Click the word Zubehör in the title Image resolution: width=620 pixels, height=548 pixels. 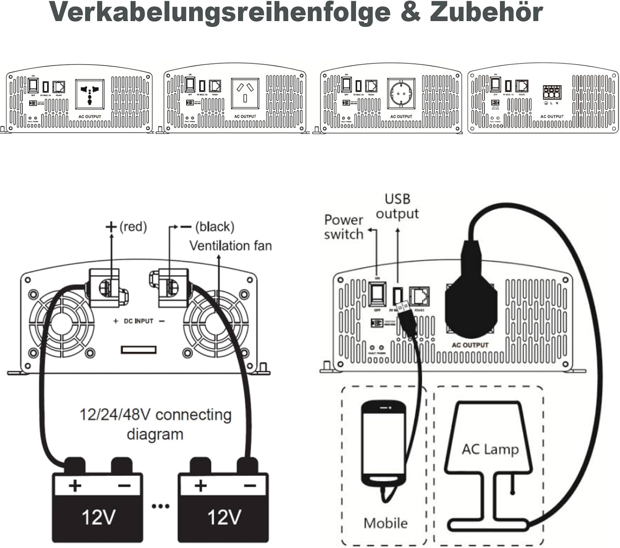[x=486, y=12]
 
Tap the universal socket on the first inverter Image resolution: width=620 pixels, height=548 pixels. [x=90, y=95]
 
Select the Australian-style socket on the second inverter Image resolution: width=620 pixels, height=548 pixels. [x=245, y=93]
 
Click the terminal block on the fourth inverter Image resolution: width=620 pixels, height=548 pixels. [x=552, y=93]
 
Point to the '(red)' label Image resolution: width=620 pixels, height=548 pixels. [x=133, y=227]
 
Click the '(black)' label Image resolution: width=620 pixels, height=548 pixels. [x=215, y=227]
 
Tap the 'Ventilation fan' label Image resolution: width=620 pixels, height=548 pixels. [x=230, y=246]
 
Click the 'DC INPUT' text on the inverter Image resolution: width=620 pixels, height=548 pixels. [x=138, y=321]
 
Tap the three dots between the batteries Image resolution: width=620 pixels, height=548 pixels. [x=160, y=506]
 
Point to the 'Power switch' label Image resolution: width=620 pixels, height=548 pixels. [x=343, y=227]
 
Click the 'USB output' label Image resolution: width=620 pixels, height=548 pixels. [x=397, y=206]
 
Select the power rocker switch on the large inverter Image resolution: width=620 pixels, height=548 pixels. [x=377, y=294]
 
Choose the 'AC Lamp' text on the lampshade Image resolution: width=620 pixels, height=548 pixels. [x=490, y=449]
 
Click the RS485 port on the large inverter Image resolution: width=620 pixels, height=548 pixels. [x=419, y=297]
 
